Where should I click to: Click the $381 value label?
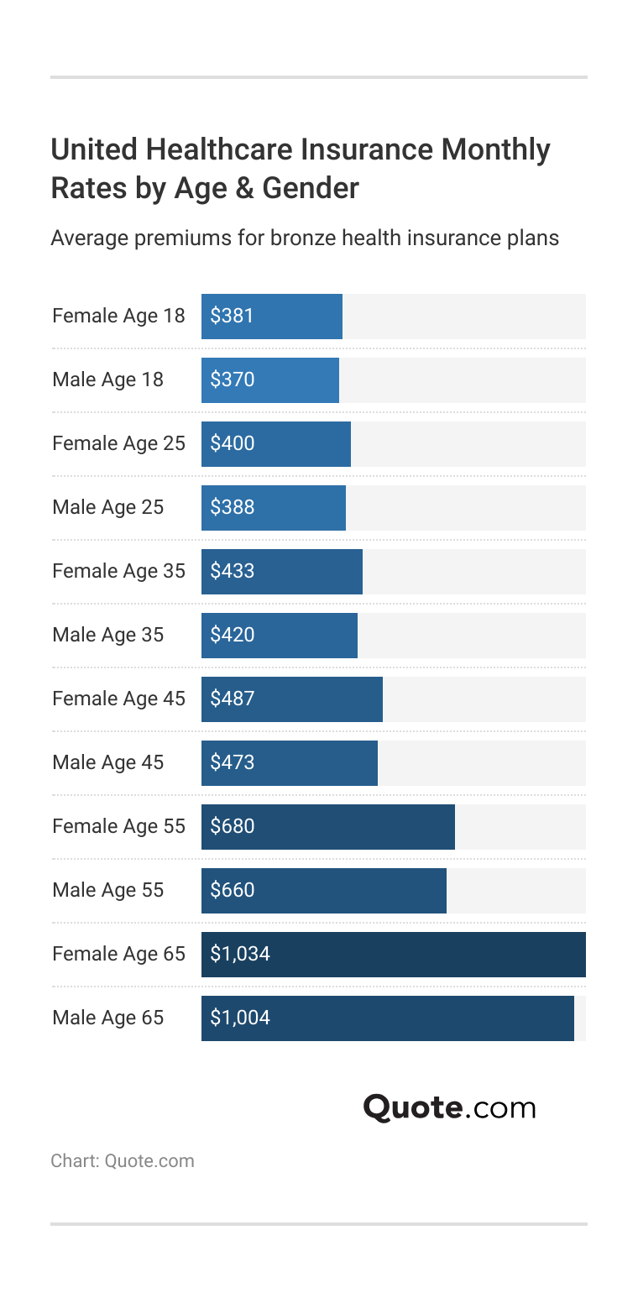click(232, 317)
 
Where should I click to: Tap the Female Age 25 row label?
click(118, 443)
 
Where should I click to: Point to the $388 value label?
click(232, 508)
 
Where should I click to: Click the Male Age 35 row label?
click(107, 635)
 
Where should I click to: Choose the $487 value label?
click(232, 699)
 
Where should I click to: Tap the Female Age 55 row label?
click(118, 826)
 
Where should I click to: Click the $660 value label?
click(232, 891)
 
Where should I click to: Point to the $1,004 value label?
click(240, 1018)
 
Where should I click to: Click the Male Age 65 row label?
click(107, 1018)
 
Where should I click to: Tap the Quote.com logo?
click(449, 1107)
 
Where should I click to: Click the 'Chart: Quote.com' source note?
click(123, 1161)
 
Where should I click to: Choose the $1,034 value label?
click(240, 955)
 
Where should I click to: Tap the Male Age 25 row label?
click(107, 507)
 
